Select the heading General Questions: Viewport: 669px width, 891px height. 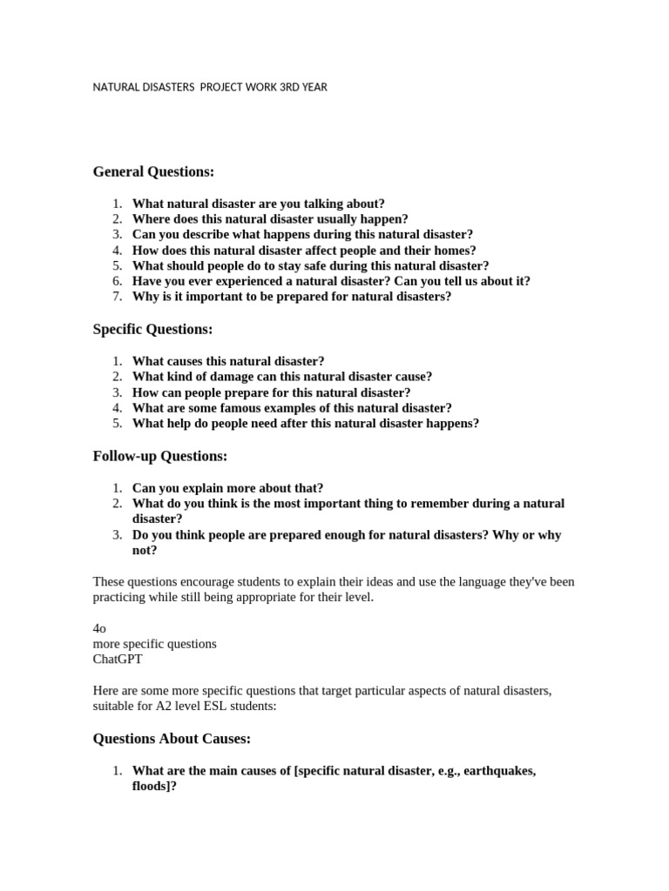pos(153,172)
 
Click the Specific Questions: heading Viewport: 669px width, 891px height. pos(152,330)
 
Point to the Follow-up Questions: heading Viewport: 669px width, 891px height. pos(159,457)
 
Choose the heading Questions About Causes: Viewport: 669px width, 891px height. pos(172,740)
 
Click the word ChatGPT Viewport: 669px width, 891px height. pos(117,660)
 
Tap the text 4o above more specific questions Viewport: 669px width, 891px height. pos(99,628)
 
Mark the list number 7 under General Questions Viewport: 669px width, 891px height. pos(117,297)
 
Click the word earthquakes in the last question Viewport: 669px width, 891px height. pos(500,772)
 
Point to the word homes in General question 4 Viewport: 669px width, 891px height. pos(449,250)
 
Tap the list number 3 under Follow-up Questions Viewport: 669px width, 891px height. pos(117,535)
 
